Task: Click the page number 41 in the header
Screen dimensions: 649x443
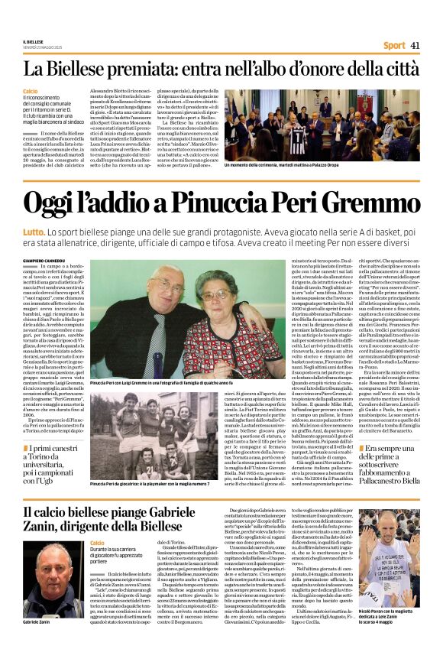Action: [416, 45]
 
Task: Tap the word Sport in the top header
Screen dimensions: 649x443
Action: [394, 45]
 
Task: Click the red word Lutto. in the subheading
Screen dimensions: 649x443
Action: [34, 229]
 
